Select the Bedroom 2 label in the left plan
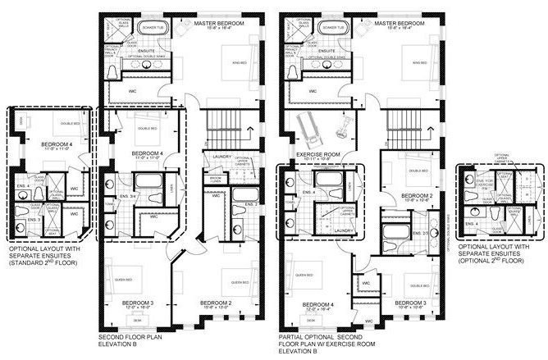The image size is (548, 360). click(x=217, y=303)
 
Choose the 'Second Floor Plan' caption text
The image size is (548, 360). click(x=126, y=338)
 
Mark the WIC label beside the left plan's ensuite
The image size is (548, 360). click(x=133, y=91)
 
